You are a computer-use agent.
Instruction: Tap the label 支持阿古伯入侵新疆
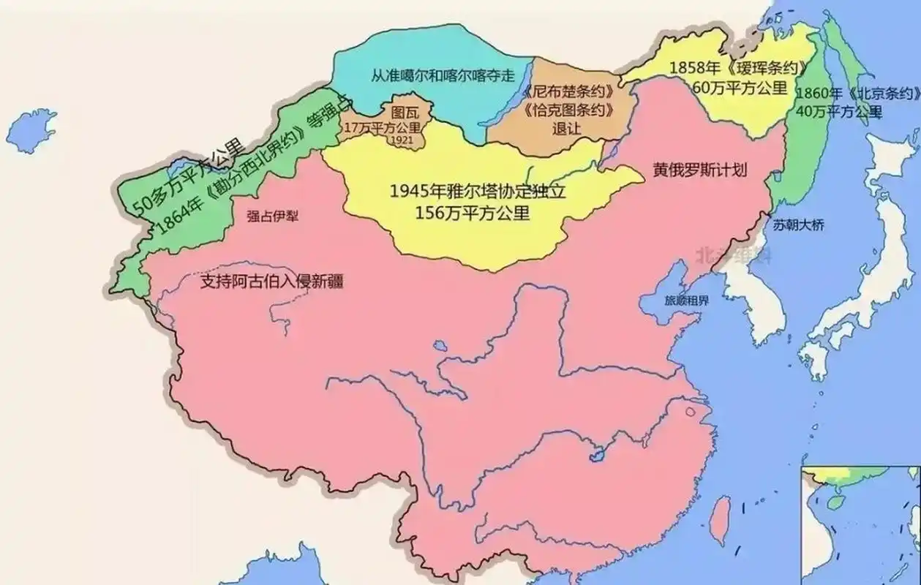coord(271,282)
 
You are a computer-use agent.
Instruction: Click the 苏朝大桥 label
coord(798,224)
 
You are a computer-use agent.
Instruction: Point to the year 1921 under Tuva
coord(402,140)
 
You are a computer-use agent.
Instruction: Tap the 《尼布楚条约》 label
coord(568,94)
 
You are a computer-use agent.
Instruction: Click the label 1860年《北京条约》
coord(855,94)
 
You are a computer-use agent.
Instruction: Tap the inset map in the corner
coord(861,524)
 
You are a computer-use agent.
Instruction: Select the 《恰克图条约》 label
coord(568,111)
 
